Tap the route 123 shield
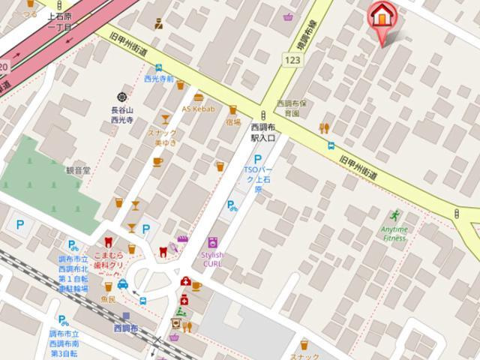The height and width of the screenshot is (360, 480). [x=293, y=58]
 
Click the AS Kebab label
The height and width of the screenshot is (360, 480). [x=198, y=109]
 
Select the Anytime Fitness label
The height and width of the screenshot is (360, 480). [x=394, y=234]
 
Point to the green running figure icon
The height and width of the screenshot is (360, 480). [x=394, y=215]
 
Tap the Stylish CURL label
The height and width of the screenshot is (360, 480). [x=213, y=259]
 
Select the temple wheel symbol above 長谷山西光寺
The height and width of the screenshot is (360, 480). [x=122, y=97]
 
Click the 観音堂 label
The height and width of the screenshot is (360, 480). [x=77, y=170]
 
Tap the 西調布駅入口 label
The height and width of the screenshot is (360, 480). [x=263, y=133]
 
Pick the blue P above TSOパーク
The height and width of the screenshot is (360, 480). [x=258, y=159]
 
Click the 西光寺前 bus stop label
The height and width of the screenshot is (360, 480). [x=159, y=78]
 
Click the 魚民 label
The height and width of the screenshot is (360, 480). [x=108, y=299]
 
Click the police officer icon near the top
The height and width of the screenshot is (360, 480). [x=159, y=24]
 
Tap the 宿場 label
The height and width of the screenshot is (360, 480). [x=232, y=121]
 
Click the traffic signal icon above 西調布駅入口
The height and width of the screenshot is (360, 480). [x=264, y=115]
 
